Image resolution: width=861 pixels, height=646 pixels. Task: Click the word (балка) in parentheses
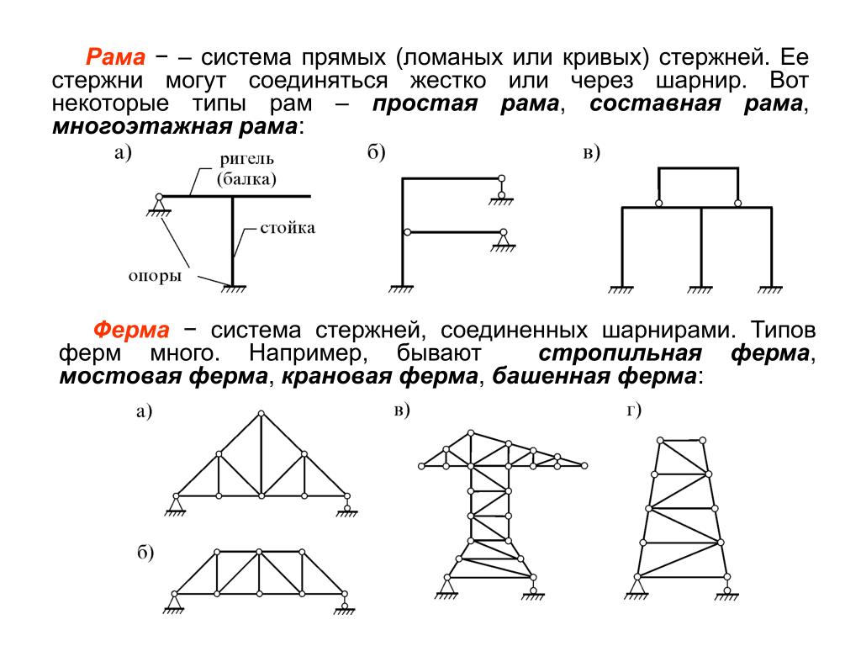pyautogui.click(x=246, y=178)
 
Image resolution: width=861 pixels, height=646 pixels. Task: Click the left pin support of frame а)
pyautogui.click(x=158, y=203)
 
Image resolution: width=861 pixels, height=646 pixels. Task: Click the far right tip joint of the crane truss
pyautogui.click(x=585, y=464)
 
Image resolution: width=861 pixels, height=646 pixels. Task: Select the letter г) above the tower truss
pyautogui.click(x=634, y=410)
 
